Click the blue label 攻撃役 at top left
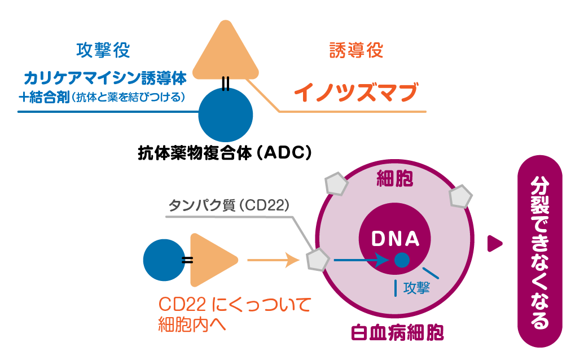coord(103,50)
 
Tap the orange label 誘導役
coord(356,50)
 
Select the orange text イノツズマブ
coord(356,91)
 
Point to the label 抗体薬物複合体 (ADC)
coord(225,153)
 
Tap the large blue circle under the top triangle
coord(225,114)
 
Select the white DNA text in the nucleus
coord(396,239)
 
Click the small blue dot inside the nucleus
coord(401,260)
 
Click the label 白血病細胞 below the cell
coord(397,332)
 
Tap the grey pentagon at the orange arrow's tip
coord(317,260)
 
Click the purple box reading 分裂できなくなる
coord(539,251)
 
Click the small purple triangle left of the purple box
coord(494,243)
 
